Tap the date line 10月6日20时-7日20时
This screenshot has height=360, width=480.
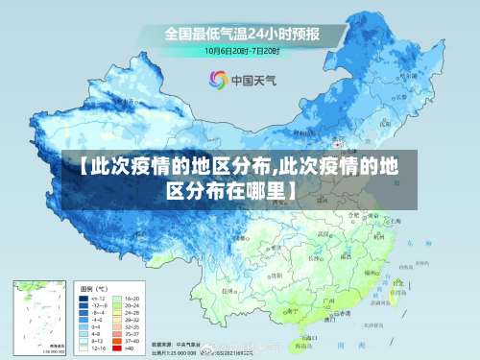[x=241, y=50]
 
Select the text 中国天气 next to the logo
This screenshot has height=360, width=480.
[x=252, y=81]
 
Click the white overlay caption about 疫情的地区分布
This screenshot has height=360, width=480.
[x=240, y=179]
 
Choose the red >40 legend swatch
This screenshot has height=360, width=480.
[x=118, y=347]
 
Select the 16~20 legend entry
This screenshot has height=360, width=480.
[x=131, y=299]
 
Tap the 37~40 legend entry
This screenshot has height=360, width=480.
[x=131, y=340]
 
